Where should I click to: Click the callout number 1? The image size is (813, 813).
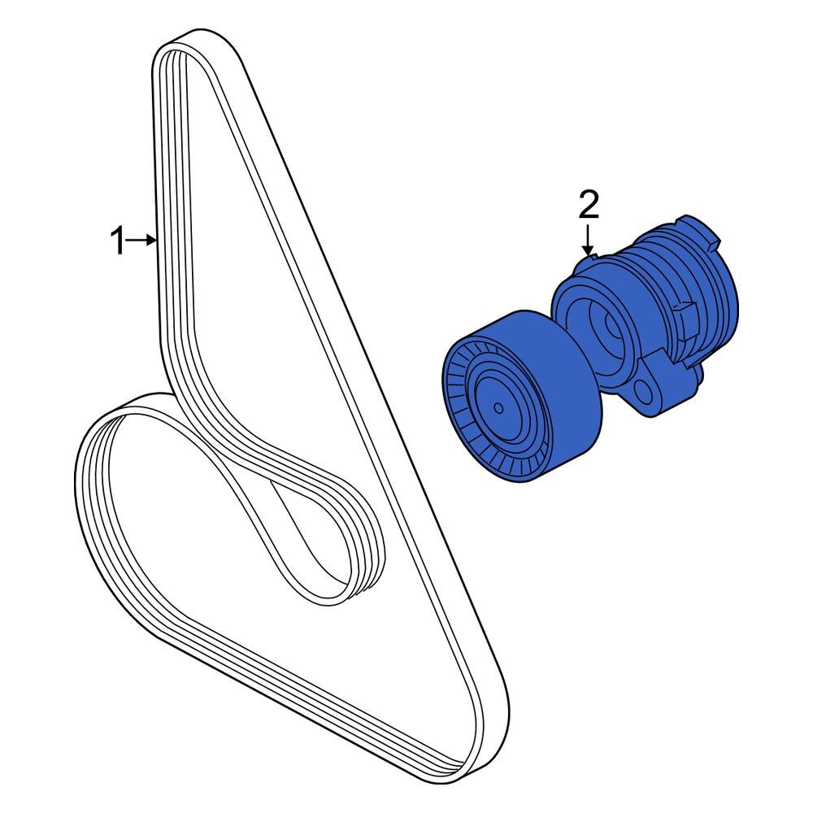pos(118,241)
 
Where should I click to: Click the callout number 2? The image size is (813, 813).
pos(588,205)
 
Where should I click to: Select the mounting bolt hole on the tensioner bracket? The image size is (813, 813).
pos(646,398)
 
